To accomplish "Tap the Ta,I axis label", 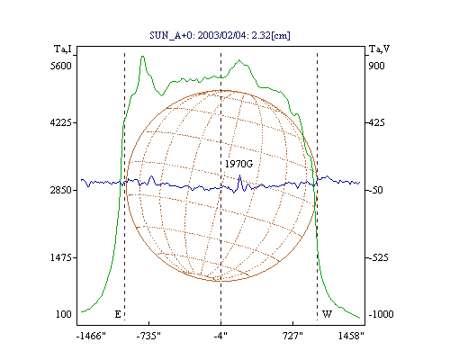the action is tap(63, 49).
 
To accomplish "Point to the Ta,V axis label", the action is tap(380, 49).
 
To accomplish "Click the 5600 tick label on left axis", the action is tap(61, 66).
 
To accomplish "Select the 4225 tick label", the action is tap(61, 122).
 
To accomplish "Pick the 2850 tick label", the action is tap(61, 190).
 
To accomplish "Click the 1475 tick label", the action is tap(61, 257).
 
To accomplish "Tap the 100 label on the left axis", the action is tap(64, 314).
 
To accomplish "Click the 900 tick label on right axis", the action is tap(376, 66).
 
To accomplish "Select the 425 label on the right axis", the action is tap(376, 122).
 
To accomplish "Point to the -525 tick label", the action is tap(378, 257).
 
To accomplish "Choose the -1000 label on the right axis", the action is tap(381, 314).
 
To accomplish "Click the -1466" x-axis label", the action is tap(91, 336).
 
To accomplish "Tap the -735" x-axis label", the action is tap(148, 336).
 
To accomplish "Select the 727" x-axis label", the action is tap(292, 336).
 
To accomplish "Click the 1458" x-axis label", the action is tap(351, 336).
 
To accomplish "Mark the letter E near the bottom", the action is tap(118, 314).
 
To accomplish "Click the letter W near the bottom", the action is tap(327, 314).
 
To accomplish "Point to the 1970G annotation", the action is tap(239, 164).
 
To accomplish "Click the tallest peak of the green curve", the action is tap(143, 56).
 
